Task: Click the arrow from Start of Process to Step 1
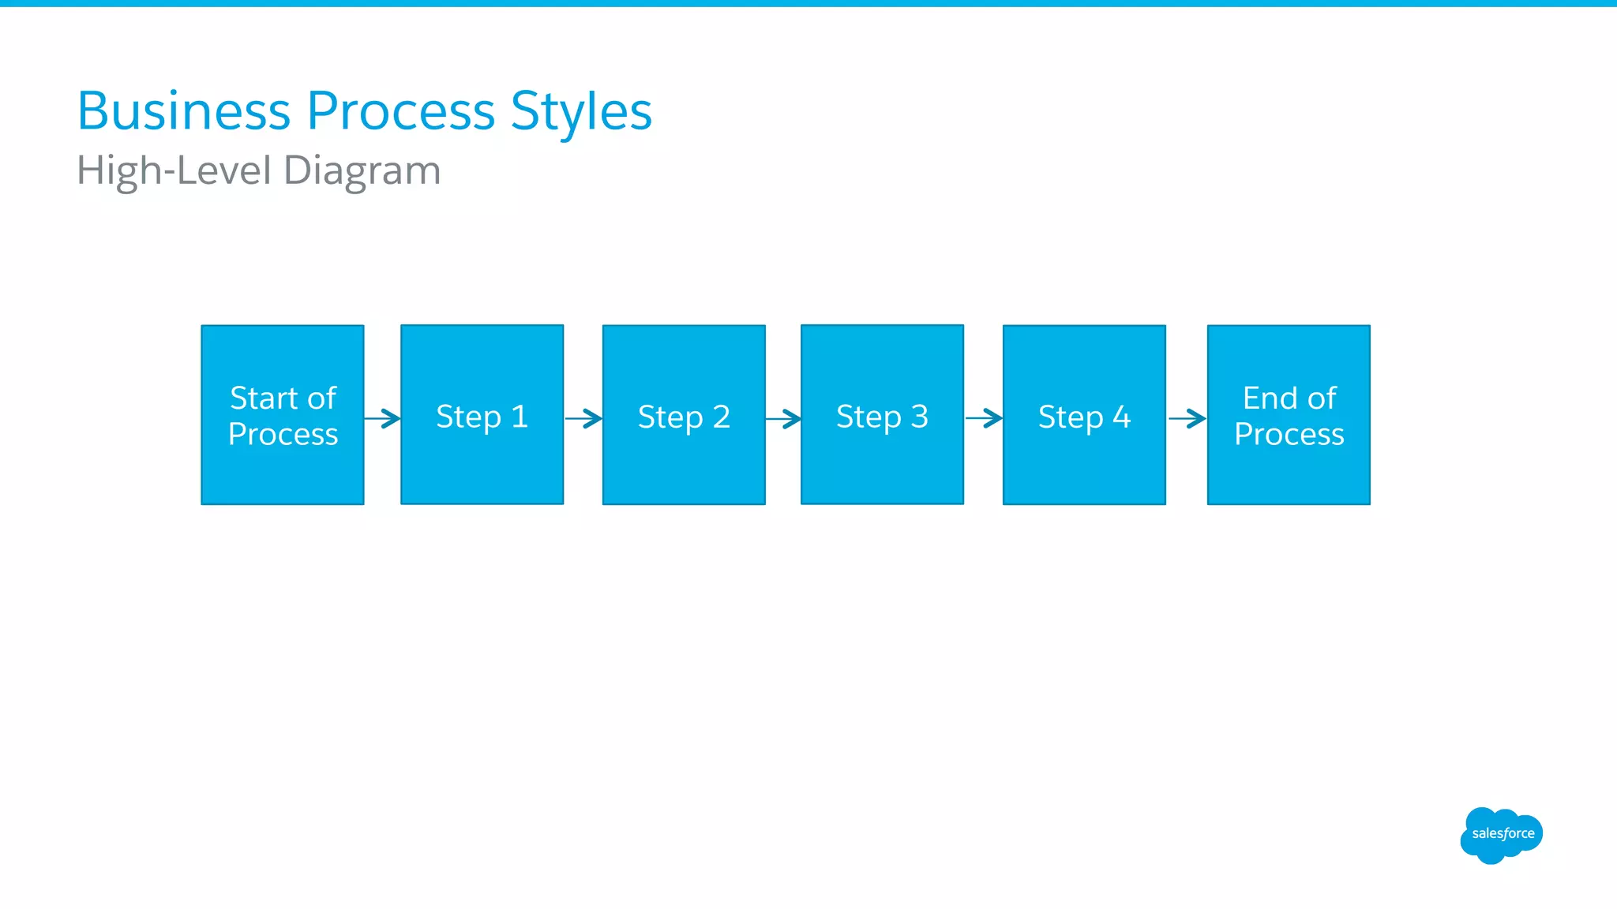pyautogui.click(x=383, y=418)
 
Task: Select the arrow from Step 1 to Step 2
pyautogui.click(x=584, y=418)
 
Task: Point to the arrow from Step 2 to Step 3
pyautogui.click(x=784, y=418)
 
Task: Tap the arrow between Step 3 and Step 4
pyautogui.click(x=984, y=417)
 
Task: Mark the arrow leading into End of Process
pyautogui.click(x=1187, y=418)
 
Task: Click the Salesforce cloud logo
pyautogui.click(x=1501, y=835)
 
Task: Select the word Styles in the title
pyautogui.click(x=581, y=112)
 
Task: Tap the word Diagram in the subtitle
pyautogui.click(x=362, y=171)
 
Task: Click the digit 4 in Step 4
pyautogui.click(x=1121, y=416)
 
